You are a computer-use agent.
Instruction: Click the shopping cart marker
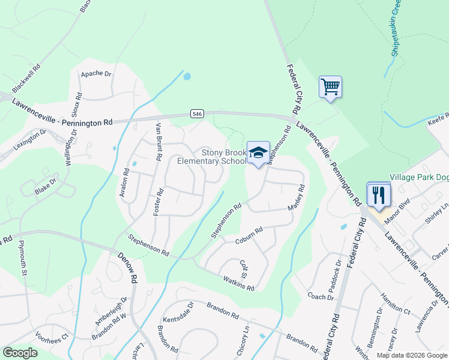click(x=330, y=87)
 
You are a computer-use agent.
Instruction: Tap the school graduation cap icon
click(x=258, y=153)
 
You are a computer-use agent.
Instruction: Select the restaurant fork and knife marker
click(x=378, y=194)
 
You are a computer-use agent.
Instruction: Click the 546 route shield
click(x=197, y=113)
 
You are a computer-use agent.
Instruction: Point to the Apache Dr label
click(x=96, y=74)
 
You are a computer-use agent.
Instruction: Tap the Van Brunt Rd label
click(x=159, y=141)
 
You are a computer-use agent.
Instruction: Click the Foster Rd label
click(x=159, y=203)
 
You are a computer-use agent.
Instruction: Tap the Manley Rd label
click(x=297, y=197)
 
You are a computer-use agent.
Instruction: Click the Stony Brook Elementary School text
click(x=212, y=157)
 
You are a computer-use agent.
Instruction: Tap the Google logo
click(x=20, y=353)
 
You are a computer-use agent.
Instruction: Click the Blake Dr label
click(x=46, y=185)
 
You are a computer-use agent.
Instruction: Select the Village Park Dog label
click(x=418, y=178)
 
